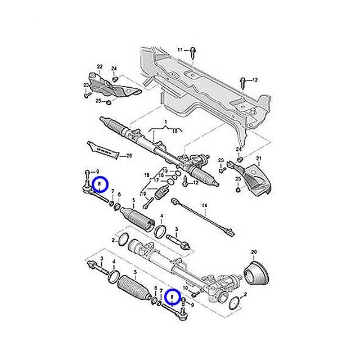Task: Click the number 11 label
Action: point(180,50)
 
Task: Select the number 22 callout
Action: point(100,66)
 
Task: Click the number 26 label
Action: point(129,155)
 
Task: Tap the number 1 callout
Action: point(166,122)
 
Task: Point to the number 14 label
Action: point(205,206)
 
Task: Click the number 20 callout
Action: point(253,251)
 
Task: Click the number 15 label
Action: point(165,170)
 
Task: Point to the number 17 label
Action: point(157,181)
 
